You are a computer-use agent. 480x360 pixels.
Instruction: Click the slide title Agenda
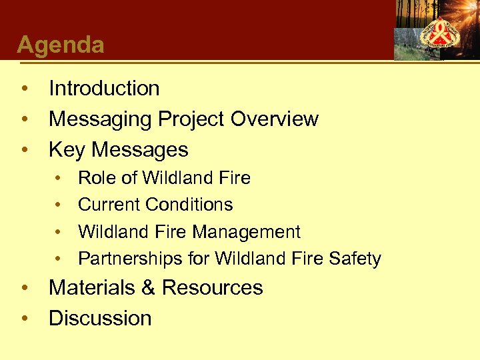(x=61, y=45)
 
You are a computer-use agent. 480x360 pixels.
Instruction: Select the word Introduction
(x=104, y=88)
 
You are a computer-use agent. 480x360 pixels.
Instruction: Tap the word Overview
(x=274, y=119)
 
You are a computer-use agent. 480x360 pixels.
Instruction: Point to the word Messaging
(x=100, y=119)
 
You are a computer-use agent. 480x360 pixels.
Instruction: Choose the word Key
(x=67, y=149)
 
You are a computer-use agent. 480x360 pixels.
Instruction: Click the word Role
(x=97, y=178)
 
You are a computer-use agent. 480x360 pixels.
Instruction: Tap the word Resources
(x=212, y=287)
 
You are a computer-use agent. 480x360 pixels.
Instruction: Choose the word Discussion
(x=100, y=318)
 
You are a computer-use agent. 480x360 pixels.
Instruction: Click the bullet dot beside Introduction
(x=25, y=89)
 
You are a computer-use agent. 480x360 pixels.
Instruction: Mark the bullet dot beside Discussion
(x=25, y=319)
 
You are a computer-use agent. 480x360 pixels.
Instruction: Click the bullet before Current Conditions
(x=59, y=205)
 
